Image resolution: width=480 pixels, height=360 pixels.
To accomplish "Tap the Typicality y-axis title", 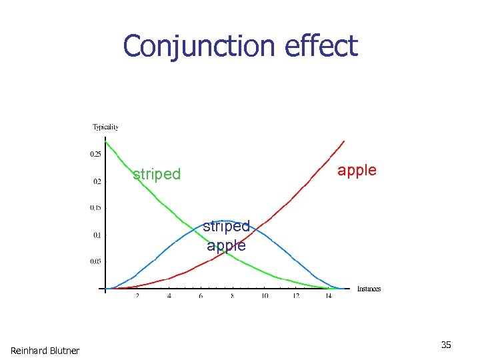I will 105,127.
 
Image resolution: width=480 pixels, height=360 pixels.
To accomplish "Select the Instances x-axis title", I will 369,289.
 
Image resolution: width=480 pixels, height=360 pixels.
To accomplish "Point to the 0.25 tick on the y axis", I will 96,154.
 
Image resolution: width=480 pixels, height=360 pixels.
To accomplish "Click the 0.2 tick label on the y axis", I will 97,181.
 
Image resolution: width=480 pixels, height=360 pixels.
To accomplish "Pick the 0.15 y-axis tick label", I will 96,207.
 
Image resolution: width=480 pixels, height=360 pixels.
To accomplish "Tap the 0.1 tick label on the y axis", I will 97,235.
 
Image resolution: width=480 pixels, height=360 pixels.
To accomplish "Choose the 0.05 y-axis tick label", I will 96,261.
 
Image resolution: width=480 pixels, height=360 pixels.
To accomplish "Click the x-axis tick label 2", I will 137,296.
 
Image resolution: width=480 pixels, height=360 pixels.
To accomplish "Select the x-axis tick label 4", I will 169,296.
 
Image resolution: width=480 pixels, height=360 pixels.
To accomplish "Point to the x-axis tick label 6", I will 201,296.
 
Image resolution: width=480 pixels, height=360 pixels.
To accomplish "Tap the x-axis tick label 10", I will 265,296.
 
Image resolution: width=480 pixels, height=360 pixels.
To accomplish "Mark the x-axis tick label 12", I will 297,296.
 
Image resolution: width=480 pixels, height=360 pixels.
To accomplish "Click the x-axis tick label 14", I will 329,296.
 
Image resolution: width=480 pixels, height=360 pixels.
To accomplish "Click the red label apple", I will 357,171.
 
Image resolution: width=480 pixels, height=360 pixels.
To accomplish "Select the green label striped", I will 157,175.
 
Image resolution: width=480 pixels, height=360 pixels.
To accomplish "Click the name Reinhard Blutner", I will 45,351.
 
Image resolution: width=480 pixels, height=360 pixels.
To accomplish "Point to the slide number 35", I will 446,345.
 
